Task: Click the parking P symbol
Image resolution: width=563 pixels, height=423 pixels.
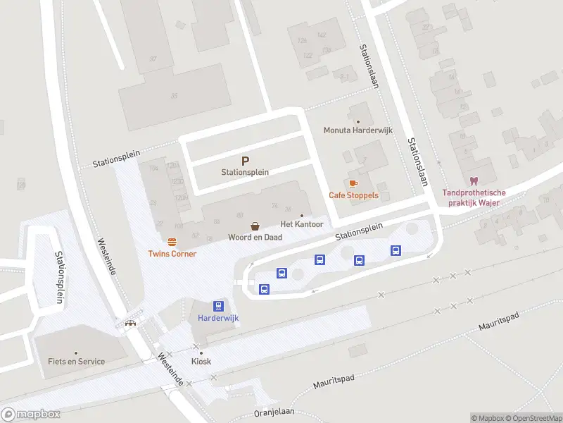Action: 245,161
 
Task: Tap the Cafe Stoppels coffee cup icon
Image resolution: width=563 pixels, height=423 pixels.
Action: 353,183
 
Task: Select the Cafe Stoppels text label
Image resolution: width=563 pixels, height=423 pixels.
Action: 353,195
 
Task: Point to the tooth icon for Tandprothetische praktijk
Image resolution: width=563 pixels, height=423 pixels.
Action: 473,181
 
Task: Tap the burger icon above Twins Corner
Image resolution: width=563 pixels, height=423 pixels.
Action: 172,241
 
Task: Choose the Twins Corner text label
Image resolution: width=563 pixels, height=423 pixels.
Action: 172,254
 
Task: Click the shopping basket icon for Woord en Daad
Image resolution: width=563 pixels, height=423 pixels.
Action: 255,226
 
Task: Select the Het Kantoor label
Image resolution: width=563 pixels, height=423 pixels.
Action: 302,224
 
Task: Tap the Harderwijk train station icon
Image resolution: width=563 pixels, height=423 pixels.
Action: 218,306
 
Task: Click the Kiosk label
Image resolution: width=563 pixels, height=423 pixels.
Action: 201,362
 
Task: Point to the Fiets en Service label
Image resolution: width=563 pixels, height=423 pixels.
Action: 76,362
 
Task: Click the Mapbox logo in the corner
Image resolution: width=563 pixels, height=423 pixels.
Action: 31,415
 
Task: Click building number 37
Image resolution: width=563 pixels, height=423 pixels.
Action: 153,59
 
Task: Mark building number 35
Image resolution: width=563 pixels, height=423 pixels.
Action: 173,94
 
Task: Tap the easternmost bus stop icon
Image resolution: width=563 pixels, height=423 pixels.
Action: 396,250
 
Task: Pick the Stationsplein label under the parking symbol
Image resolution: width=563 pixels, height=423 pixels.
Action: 245,172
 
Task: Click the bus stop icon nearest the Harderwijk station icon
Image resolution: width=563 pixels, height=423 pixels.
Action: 264,288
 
